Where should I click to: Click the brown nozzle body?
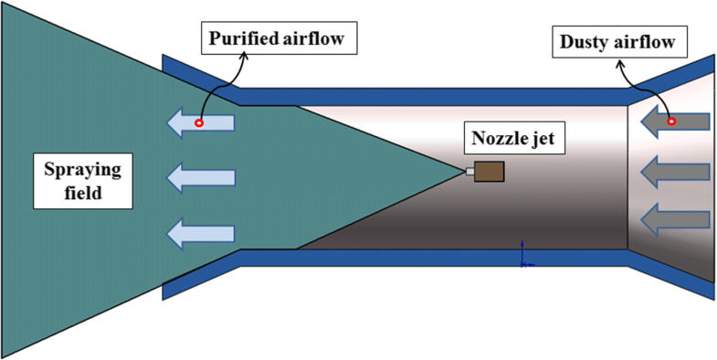point(490,171)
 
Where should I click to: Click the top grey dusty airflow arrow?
point(676,121)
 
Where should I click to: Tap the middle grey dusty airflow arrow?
point(676,170)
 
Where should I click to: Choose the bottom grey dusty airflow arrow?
point(676,218)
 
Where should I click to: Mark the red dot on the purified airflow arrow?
point(198,122)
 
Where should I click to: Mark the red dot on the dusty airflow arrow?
point(671,121)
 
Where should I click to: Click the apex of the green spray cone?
point(464,171)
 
